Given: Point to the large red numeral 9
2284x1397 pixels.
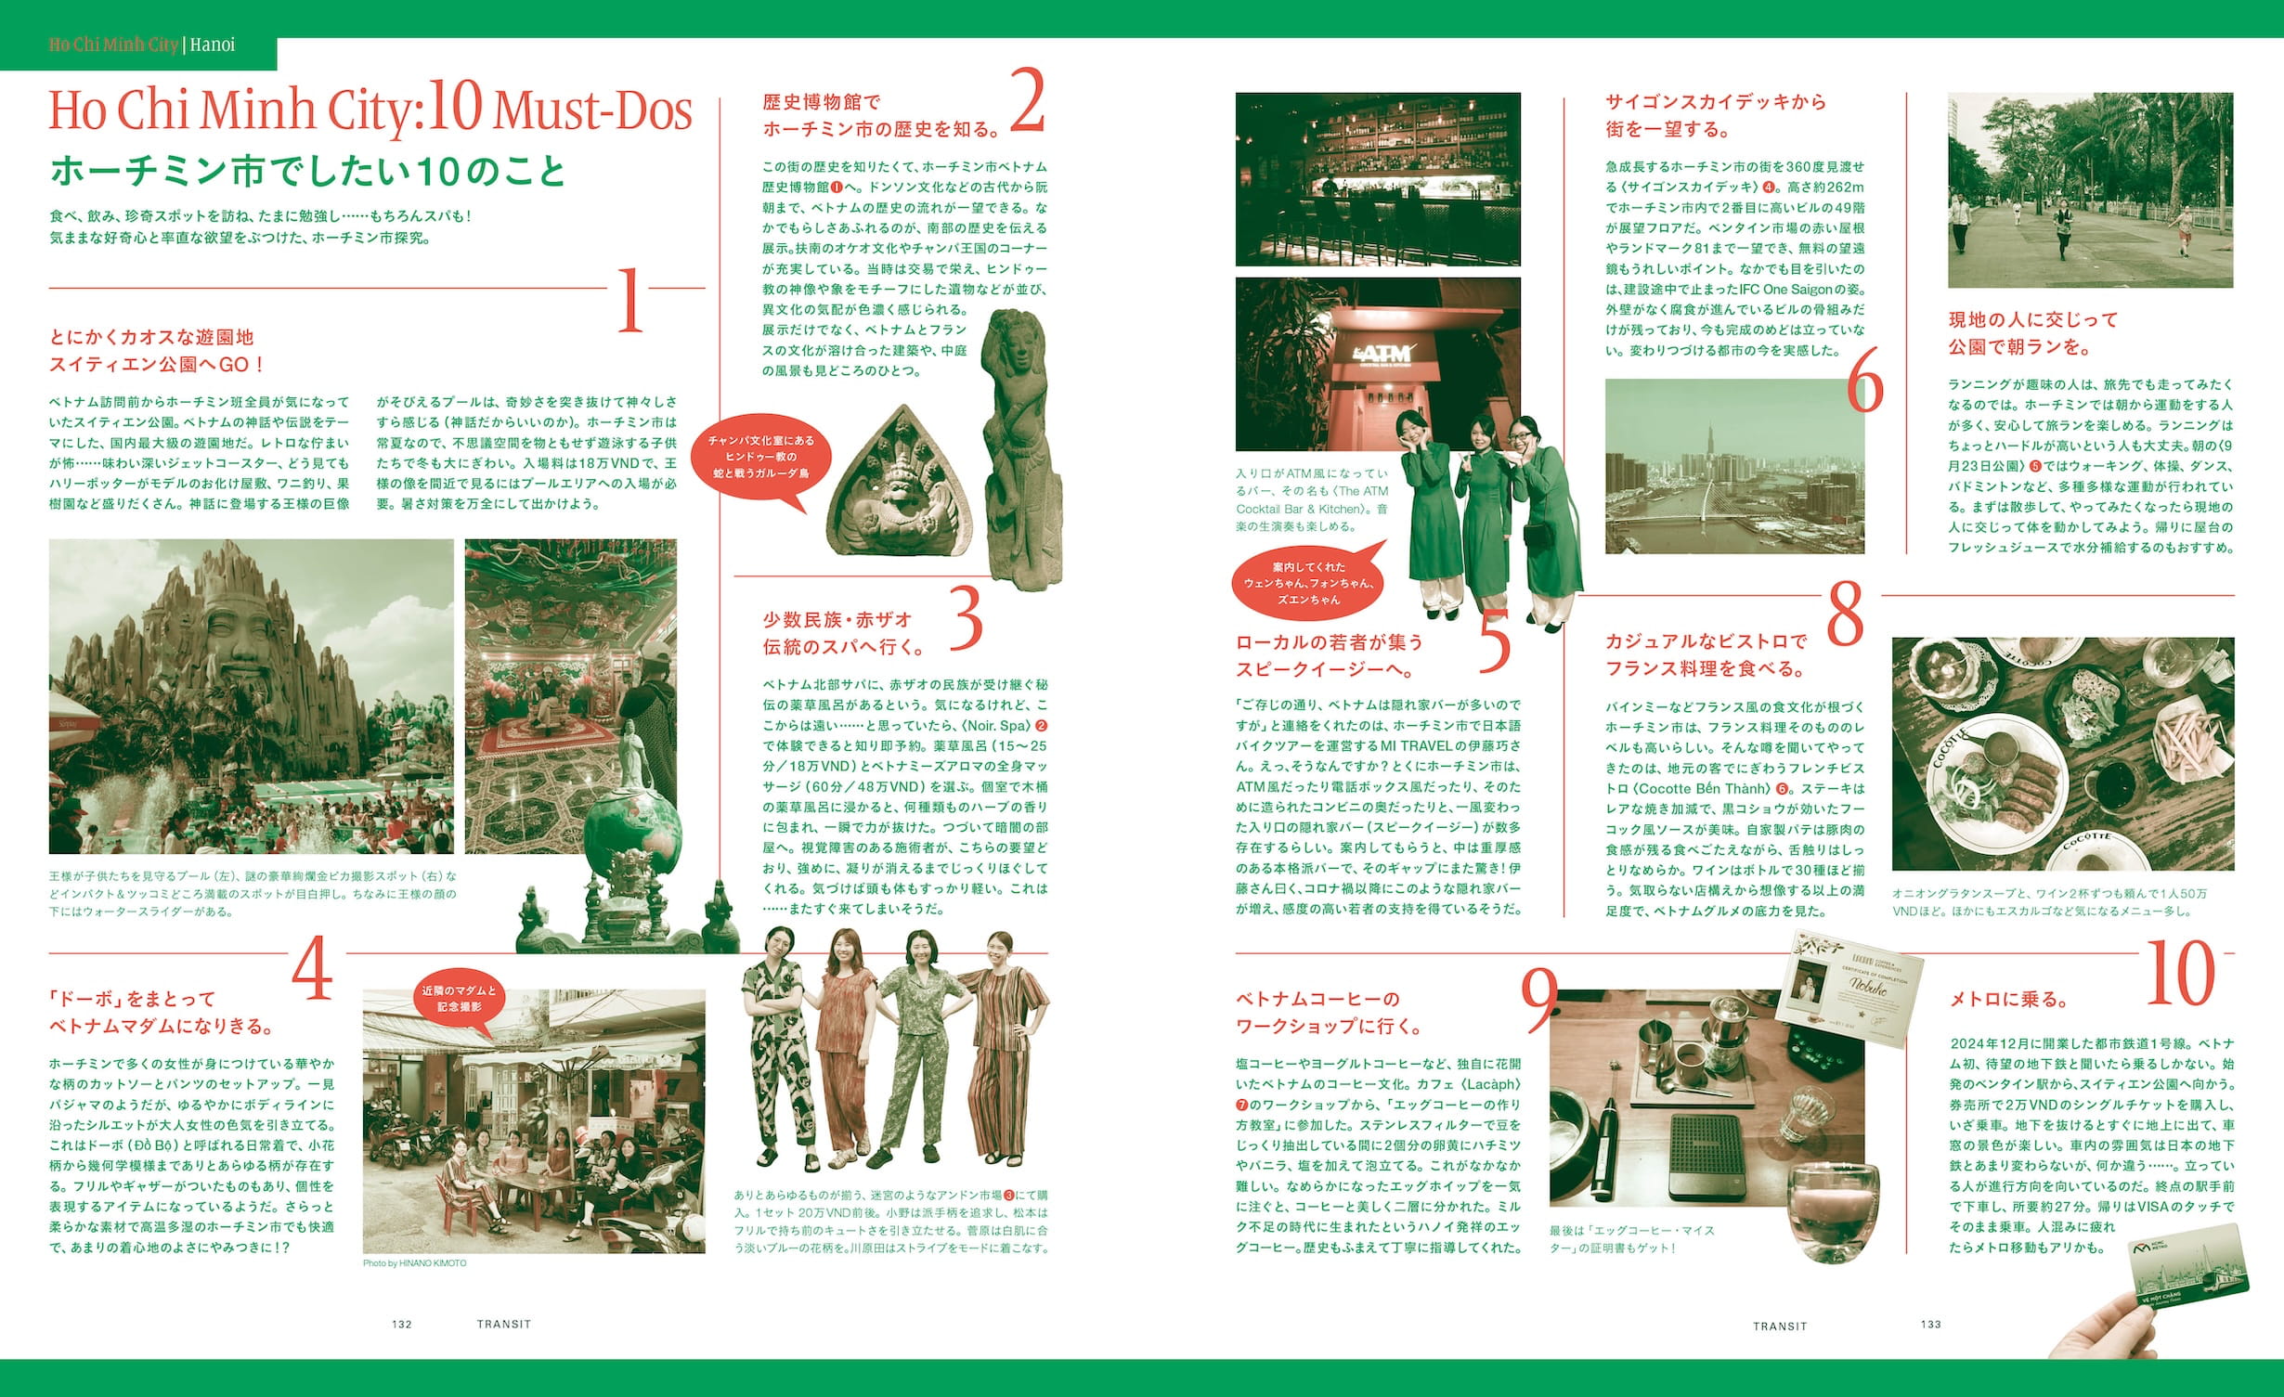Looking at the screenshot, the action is tap(1539, 1000).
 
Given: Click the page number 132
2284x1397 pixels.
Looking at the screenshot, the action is tap(402, 1324).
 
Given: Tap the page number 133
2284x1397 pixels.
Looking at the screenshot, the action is tap(1930, 1324).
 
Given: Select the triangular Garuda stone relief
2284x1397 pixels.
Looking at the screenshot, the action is tap(899, 483).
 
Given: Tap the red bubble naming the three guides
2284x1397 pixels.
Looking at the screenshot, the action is tap(1308, 583).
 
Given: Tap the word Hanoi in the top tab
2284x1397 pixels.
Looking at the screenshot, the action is tap(212, 45).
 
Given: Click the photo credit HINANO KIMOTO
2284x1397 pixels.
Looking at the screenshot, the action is tap(414, 1263).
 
